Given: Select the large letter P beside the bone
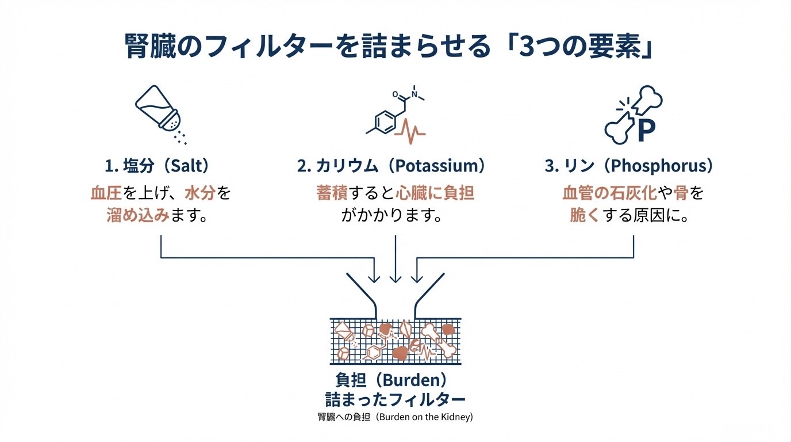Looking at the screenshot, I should coord(646,132).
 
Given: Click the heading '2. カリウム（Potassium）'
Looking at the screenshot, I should coord(391,166).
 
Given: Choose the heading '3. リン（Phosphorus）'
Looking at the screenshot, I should coord(629,166).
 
